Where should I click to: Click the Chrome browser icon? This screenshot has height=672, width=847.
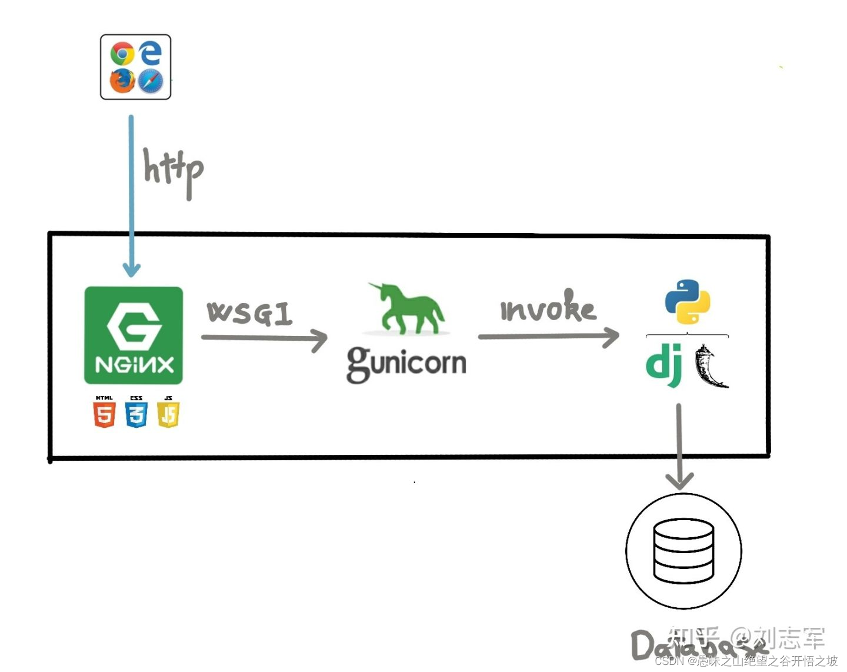point(122,54)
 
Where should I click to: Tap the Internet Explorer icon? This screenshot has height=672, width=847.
point(151,53)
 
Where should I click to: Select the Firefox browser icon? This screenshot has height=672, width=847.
point(122,80)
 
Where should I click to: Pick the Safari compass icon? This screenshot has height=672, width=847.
point(151,81)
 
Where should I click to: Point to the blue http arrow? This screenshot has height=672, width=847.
point(131,194)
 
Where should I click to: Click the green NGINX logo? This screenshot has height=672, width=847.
point(134,335)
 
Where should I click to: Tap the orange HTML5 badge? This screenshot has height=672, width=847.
point(104,412)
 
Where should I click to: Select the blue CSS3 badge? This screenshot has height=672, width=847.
point(136,412)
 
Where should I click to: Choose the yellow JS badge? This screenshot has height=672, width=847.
point(168,412)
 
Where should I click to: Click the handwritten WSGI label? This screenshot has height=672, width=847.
point(249,313)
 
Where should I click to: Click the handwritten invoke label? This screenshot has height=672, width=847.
point(548,307)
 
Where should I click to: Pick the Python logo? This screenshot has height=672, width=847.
point(688,302)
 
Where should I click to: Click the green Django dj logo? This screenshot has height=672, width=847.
point(664,365)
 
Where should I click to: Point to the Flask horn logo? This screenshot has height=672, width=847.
point(710,367)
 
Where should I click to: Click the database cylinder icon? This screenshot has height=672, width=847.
point(683,551)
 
